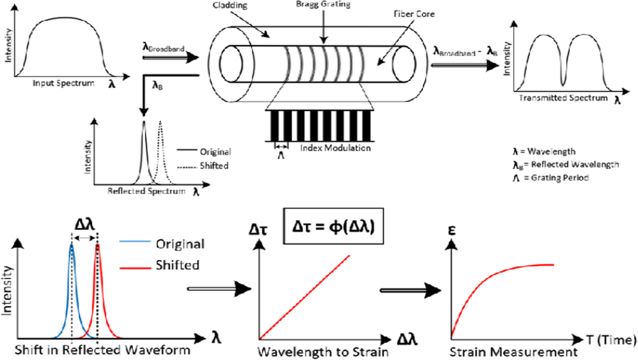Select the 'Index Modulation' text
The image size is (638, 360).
(x=334, y=148)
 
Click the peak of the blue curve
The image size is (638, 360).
(x=71, y=245)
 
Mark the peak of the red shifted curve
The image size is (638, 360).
(x=97, y=245)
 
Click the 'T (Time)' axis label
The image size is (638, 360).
(x=610, y=338)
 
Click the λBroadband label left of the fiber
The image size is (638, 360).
(x=163, y=48)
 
